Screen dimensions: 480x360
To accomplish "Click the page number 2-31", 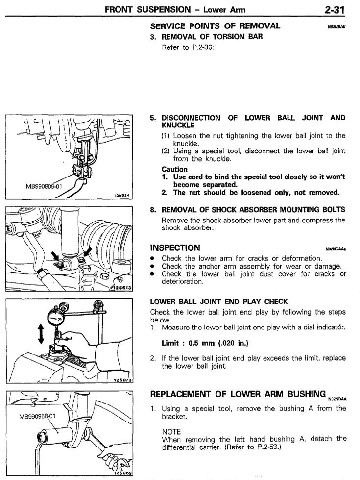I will tap(336, 9).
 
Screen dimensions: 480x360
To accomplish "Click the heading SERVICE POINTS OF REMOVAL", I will tap(215, 26).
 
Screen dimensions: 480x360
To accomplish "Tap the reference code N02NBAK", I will tap(336, 27).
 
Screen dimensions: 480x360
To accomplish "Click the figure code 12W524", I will tap(121, 195).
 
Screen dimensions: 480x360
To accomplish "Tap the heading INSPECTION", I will tap(175, 248).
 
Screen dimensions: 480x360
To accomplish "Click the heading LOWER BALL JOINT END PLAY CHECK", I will tap(219, 302).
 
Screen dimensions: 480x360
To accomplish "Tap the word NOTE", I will tap(171, 431).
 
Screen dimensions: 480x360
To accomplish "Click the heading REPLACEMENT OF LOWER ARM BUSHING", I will tap(238, 394).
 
